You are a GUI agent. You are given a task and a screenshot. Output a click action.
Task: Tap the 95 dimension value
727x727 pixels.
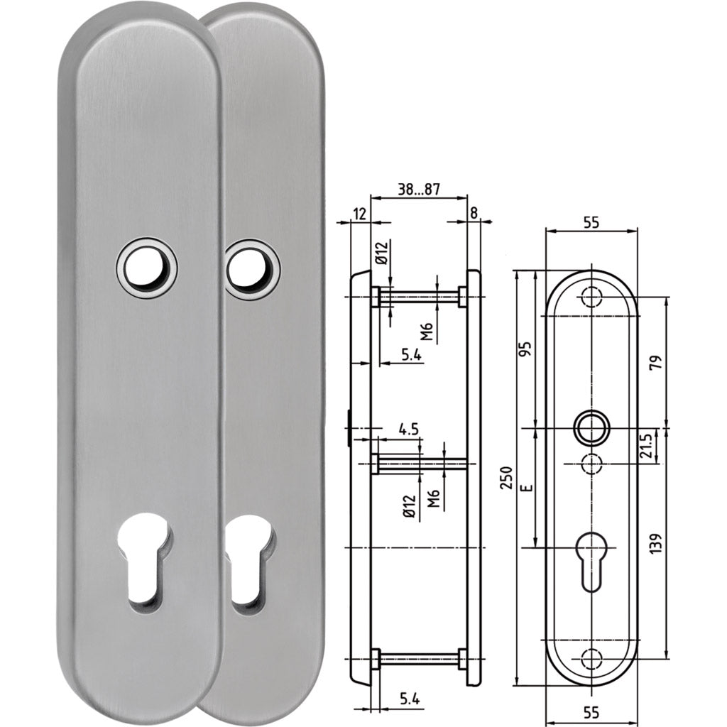[526, 349]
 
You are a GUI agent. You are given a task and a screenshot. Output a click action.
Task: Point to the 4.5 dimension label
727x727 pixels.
[408, 429]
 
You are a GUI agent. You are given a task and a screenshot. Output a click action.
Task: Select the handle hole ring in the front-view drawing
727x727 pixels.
[591, 429]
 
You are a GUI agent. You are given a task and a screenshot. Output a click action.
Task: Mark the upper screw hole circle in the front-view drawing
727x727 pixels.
[591, 297]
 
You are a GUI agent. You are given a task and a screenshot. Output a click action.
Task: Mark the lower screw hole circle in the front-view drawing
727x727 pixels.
[591, 657]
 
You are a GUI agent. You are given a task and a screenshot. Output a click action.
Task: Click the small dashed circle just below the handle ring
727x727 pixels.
[591, 464]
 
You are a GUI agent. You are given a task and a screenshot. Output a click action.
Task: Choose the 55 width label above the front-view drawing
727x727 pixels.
[591, 222]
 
